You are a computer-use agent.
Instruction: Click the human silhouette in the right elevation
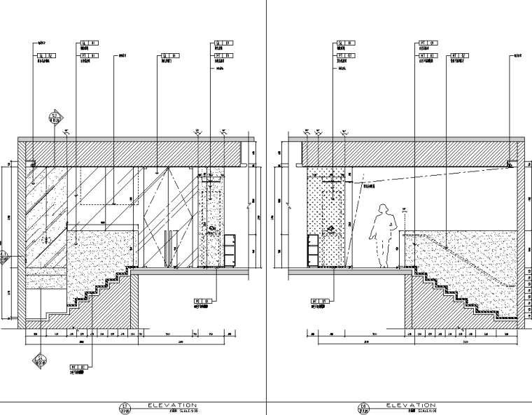pyautogui.click(x=383, y=235)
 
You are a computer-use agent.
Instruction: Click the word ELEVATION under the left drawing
pyautogui.click(x=171, y=405)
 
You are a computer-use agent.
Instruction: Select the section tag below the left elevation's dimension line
pyautogui.click(x=39, y=360)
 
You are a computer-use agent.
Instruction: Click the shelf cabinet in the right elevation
pyautogui.click(x=313, y=251)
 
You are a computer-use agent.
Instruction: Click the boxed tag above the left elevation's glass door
pyautogui.click(x=167, y=55)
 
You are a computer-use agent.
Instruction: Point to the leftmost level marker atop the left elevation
pyautogui.click(x=66, y=131)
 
